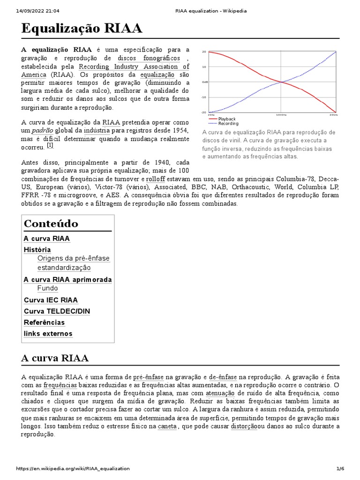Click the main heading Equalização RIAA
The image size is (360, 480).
(82, 29)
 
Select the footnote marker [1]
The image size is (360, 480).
(50, 145)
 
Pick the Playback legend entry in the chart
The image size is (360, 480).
(227, 119)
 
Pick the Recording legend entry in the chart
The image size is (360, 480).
(228, 124)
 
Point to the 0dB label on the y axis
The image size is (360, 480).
(204, 82)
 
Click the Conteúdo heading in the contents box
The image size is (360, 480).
(51, 223)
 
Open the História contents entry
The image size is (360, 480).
(37, 250)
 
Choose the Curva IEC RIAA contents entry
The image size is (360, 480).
(51, 300)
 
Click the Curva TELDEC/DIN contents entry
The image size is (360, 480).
(57, 311)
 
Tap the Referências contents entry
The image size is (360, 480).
(44, 322)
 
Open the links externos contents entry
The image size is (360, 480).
(48, 334)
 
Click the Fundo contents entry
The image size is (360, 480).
(48, 288)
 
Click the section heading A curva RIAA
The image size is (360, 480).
(55, 359)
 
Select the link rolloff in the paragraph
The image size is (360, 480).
(155, 179)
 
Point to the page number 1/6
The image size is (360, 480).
(340, 469)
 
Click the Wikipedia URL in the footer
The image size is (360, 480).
(73, 469)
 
